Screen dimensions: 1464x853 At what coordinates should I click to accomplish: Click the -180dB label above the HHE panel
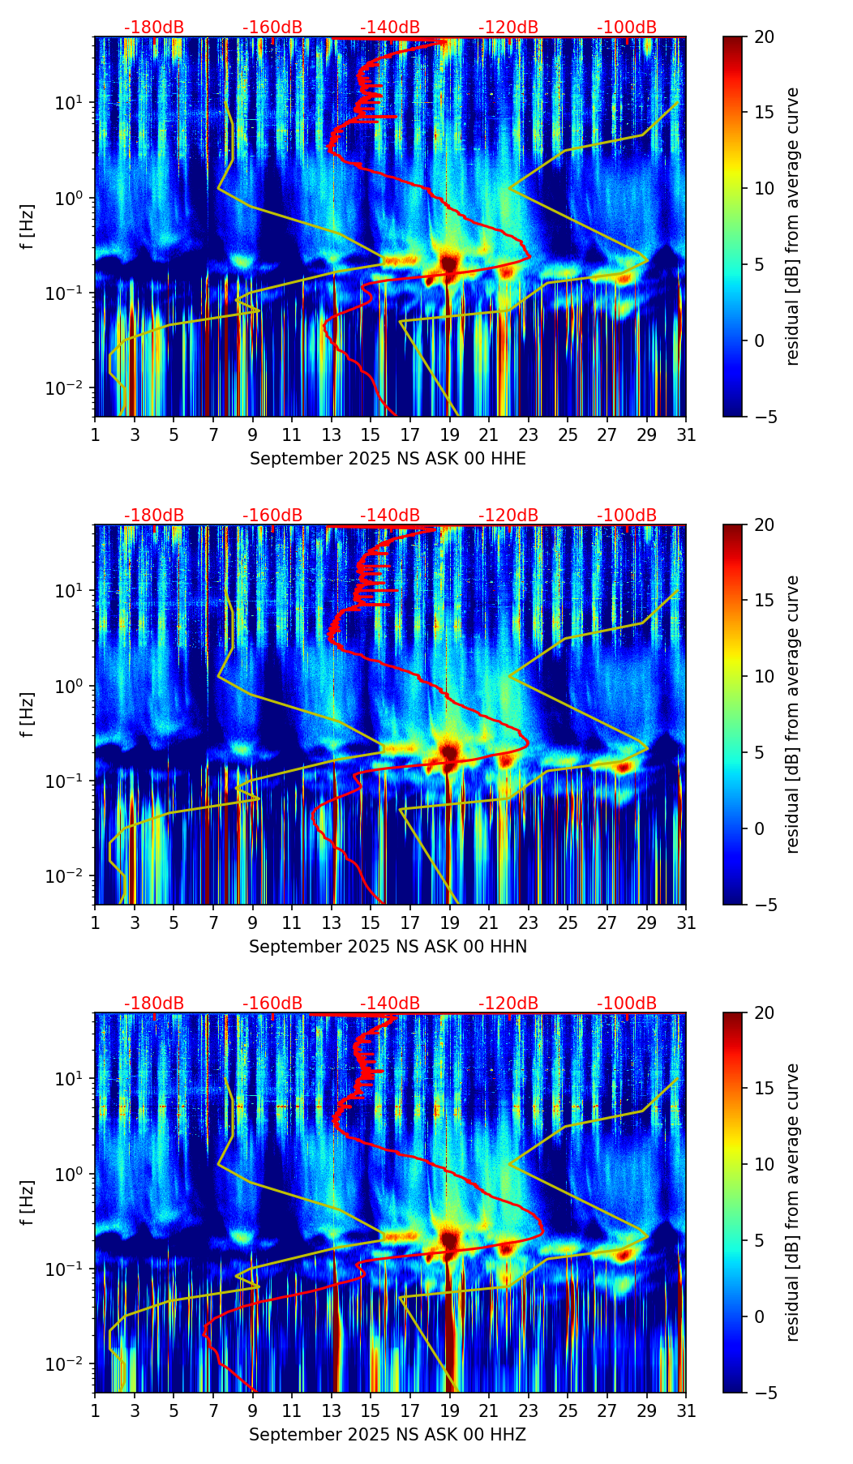point(154,28)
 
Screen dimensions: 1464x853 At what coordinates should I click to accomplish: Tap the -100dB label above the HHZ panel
point(627,1004)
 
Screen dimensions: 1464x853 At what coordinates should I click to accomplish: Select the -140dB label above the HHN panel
point(390,516)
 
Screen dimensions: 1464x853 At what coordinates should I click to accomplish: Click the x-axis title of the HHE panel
point(388,459)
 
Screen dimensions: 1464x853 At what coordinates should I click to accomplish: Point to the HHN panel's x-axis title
point(388,947)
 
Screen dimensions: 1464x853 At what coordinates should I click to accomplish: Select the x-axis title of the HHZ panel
point(388,1435)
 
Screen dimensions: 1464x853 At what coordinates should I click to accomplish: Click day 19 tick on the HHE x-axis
point(449,435)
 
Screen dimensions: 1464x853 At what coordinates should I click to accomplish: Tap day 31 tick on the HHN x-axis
point(686,923)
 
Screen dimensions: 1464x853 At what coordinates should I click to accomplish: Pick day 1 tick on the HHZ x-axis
point(95,1411)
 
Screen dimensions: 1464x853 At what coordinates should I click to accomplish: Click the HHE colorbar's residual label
point(792,226)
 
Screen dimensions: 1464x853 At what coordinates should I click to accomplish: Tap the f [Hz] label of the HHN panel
point(28,714)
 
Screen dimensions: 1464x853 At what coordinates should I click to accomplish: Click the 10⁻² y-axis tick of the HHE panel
point(71,389)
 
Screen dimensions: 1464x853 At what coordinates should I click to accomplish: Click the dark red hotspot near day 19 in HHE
point(450,263)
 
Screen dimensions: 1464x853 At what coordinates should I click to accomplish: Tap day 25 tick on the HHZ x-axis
point(568,1411)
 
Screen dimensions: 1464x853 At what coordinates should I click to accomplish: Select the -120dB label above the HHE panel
point(508,28)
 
